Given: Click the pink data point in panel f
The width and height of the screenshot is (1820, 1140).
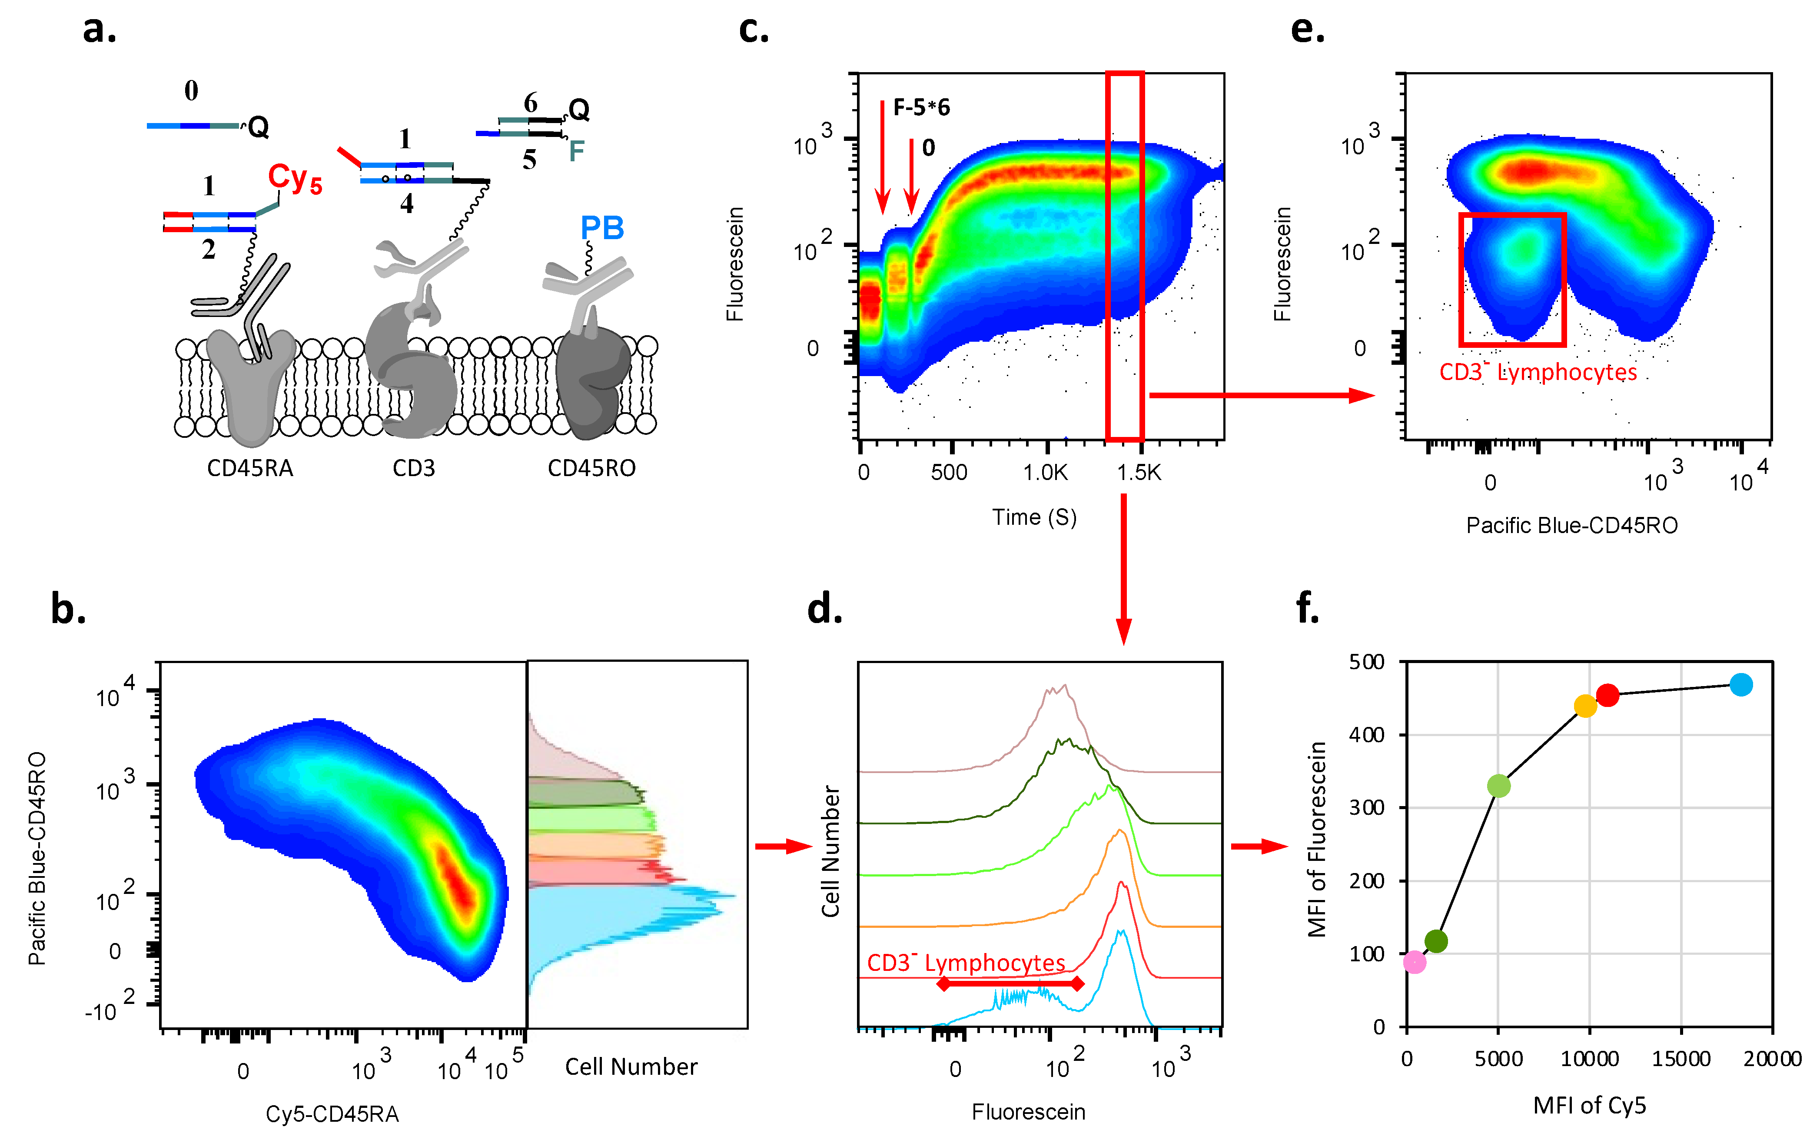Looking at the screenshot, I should tap(1415, 962).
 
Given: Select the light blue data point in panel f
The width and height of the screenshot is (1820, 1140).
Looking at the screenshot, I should tap(1741, 685).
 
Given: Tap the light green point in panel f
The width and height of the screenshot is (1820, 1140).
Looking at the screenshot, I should tap(1499, 786).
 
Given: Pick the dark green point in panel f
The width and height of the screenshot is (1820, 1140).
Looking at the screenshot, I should tap(1436, 941).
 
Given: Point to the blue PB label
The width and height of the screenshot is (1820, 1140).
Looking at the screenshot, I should tap(602, 228).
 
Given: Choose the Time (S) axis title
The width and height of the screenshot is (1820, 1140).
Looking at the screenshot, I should tap(1034, 517).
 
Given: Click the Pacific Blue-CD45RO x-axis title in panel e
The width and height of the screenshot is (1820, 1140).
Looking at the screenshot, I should tap(1572, 526).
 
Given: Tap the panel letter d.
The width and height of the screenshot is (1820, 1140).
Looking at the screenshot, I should tap(824, 609).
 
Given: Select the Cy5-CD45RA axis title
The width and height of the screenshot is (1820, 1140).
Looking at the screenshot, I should tap(332, 1113).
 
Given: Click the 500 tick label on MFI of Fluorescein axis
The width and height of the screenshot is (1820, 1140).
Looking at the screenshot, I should tap(1367, 662).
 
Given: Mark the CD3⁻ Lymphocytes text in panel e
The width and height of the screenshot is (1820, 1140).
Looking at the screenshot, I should tap(1538, 372).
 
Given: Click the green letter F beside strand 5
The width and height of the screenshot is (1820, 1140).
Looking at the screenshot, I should tap(577, 152).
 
